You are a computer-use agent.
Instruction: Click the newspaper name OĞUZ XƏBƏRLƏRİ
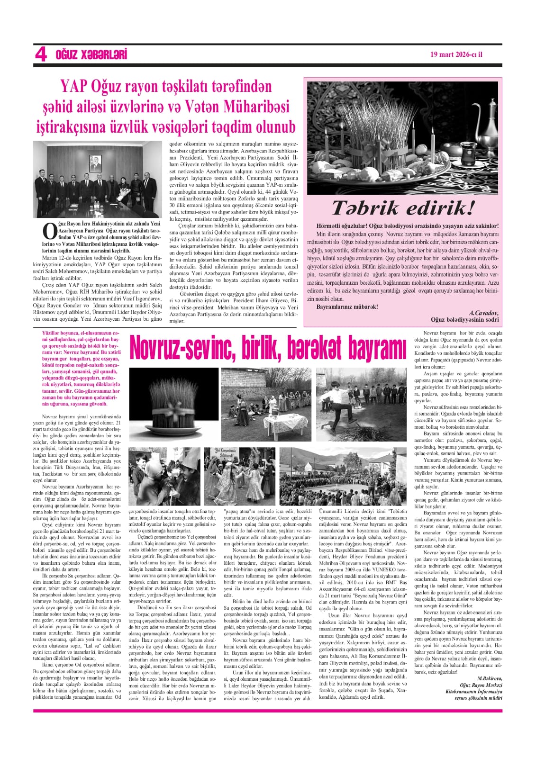pyautogui.click(x=91, y=55)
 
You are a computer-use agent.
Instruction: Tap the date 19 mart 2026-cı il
pyautogui.click(x=456, y=54)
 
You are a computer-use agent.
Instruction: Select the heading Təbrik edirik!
pyautogui.click(x=402, y=208)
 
